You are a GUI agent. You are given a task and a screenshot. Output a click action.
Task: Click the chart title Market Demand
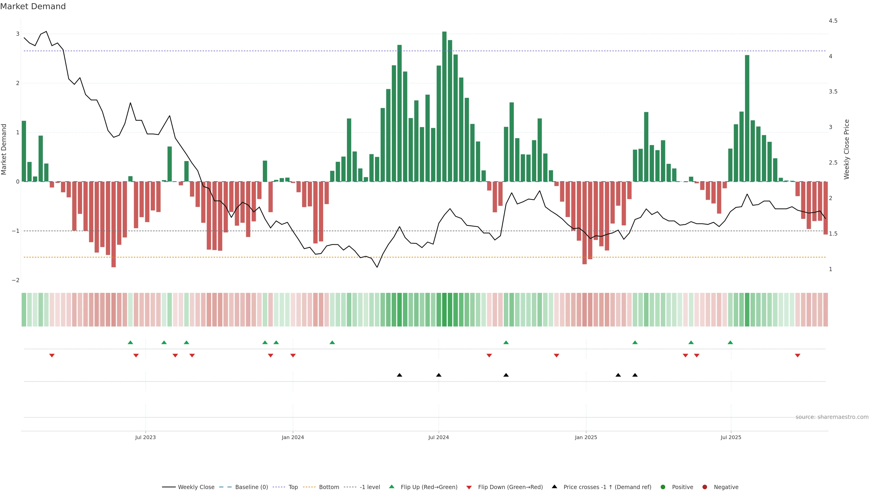point(33,6)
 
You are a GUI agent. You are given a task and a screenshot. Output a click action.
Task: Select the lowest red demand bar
point(113,224)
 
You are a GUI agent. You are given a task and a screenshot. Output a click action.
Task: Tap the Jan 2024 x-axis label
point(293,437)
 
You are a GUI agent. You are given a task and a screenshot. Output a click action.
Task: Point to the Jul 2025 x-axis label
point(731,437)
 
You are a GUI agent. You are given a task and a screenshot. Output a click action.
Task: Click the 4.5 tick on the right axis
point(833,21)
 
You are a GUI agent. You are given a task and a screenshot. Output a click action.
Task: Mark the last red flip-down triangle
point(797,356)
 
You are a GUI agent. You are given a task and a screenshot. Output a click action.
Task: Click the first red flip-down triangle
point(52,356)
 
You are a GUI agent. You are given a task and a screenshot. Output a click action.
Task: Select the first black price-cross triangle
point(399,375)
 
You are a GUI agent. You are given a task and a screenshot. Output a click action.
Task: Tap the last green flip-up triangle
point(730,342)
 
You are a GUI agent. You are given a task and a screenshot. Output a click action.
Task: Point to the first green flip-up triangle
point(130,342)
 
